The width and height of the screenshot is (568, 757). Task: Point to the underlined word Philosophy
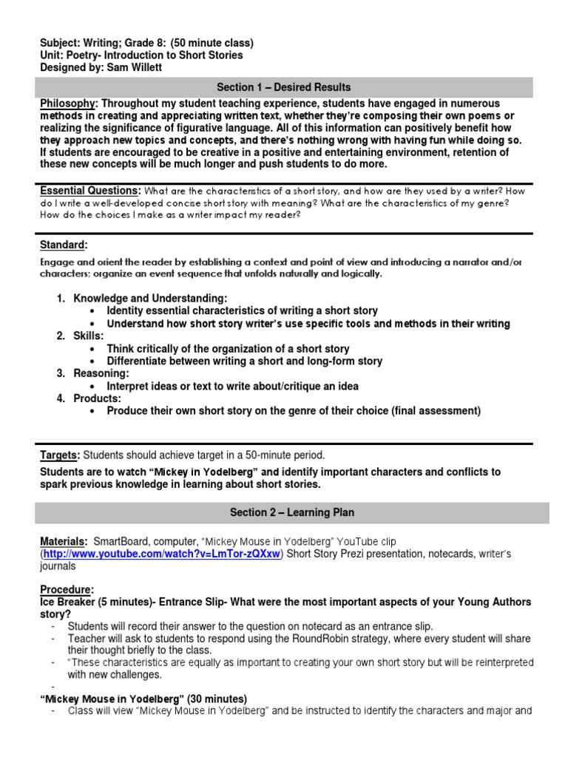67,103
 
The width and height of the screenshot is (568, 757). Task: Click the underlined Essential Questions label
89,190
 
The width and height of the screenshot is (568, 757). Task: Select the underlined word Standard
64,245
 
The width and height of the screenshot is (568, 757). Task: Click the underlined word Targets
60,455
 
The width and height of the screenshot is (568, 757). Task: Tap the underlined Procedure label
67,590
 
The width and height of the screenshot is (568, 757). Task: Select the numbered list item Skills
89,336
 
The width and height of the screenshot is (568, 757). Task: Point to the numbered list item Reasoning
101,373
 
